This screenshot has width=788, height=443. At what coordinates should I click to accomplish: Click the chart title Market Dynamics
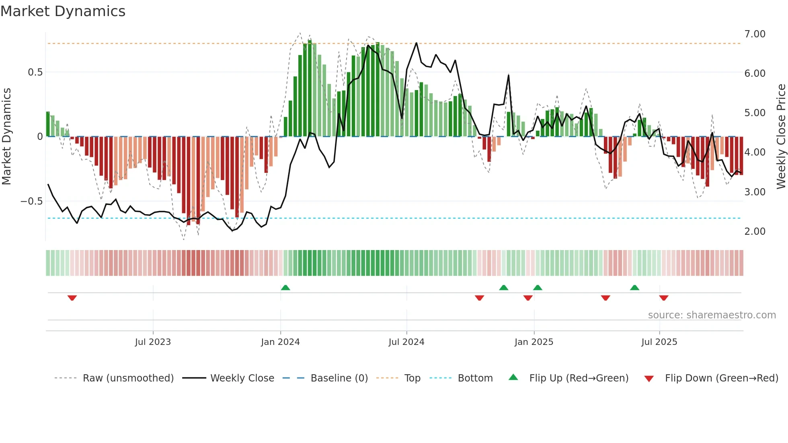coord(63,11)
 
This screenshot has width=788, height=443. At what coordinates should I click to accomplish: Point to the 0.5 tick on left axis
coord(35,72)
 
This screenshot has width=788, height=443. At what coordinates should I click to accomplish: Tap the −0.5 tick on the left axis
coord(31,201)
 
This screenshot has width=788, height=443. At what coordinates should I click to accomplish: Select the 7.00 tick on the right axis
coord(755,34)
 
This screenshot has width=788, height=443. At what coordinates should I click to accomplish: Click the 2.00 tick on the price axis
coord(755,232)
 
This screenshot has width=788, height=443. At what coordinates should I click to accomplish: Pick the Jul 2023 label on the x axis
coord(153,342)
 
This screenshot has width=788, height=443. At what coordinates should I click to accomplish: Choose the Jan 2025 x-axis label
coord(534,342)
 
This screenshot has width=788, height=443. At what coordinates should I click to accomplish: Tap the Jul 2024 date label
coord(406,342)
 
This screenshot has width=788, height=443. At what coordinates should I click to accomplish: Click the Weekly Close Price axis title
coord(781,137)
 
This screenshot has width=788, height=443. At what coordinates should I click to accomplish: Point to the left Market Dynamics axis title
coord(6,137)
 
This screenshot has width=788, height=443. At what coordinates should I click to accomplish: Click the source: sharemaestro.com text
coord(712,315)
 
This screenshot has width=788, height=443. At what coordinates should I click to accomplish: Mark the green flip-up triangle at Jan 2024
coord(285,288)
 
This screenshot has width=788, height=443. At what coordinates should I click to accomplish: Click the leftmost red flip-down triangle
coord(72,298)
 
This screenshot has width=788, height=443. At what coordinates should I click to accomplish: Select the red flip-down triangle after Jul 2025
coord(664,298)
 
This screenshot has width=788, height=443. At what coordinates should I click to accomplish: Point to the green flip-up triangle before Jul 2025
coord(634,288)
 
